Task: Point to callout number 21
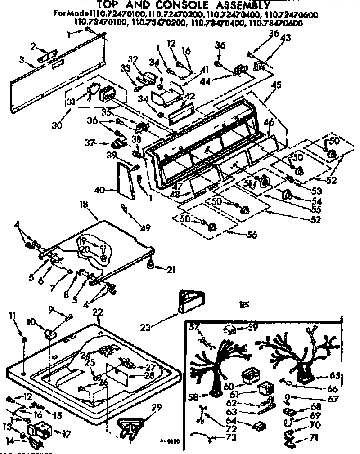pos(171,270)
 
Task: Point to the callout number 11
pos(13,317)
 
